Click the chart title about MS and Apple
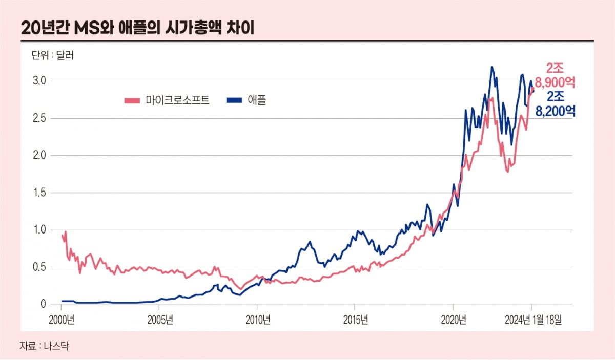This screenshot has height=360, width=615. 138,27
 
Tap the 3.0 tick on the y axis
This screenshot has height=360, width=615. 40,81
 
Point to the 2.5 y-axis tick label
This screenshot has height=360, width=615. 40,118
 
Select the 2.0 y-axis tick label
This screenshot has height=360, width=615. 40,156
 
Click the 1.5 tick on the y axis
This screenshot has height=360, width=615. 40,193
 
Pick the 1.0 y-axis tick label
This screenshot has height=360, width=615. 40,230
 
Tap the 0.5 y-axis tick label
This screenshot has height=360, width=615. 40,267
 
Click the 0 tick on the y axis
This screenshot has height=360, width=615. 44,305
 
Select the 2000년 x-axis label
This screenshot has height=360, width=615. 61,320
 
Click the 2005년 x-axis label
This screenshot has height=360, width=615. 159,320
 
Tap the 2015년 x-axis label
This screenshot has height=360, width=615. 355,320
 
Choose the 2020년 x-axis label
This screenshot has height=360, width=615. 453,320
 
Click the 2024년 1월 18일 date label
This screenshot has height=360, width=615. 532,320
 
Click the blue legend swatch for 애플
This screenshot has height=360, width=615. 234,100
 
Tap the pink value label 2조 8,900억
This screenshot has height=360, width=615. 555,75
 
